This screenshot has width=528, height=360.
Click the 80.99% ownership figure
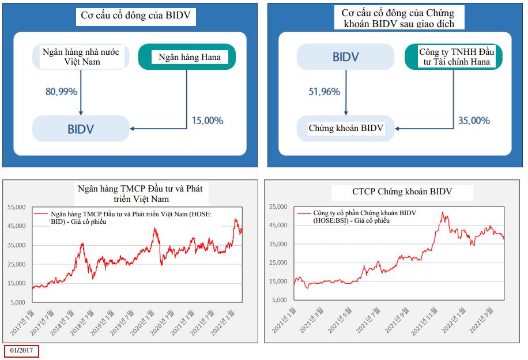tap(62, 91)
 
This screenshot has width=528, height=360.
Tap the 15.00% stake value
tap(208, 121)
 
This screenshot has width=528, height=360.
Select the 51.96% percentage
tap(324, 91)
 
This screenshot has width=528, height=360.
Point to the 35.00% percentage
tap(474, 121)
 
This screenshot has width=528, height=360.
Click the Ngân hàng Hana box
tap(187, 57)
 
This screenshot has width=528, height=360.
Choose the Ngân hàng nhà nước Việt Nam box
tap(81, 57)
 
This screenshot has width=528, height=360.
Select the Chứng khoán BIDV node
tap(346, 128)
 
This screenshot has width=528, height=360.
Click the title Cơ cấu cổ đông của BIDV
tap(136, 16)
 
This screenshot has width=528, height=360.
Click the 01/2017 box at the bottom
tap(21, 351)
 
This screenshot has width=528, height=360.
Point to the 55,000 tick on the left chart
tap(17, 207)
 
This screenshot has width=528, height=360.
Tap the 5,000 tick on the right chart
tap(279, 301)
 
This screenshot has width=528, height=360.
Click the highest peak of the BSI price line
tap(442, 212)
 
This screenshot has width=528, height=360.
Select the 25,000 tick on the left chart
tap(17, 264)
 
